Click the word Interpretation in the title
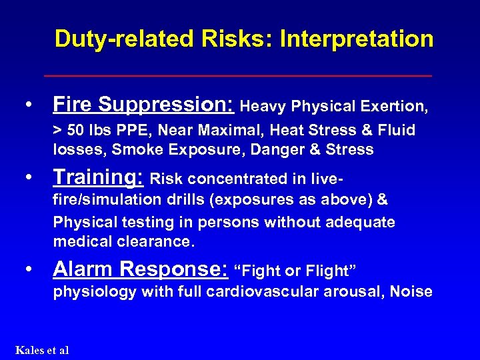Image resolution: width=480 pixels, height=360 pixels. point(357,39)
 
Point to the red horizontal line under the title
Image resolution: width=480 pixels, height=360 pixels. point(238,76)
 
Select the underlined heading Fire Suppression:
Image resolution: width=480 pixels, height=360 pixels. point(143,104)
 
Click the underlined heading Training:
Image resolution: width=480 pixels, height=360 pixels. point(99,177)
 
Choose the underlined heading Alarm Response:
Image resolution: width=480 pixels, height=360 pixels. point(140,269)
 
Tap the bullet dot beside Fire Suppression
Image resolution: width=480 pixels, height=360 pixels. point(28,105)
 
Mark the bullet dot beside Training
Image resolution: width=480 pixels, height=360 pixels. point(28,179)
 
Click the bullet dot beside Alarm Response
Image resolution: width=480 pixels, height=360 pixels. point(28,270)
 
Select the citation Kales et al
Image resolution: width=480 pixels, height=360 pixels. point(41,350)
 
